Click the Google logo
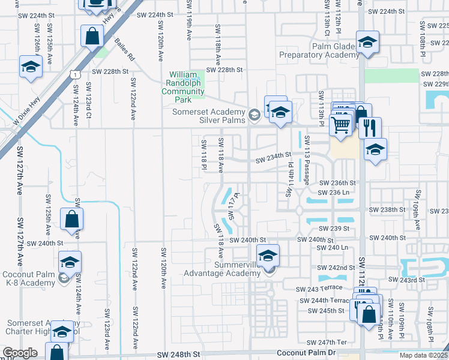[x=20, y=353]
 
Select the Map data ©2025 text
[x=423, y=355]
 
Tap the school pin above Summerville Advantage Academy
[x=268, y=254]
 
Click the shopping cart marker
[x=340, y=125]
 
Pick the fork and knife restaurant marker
[x=370, y=127]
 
